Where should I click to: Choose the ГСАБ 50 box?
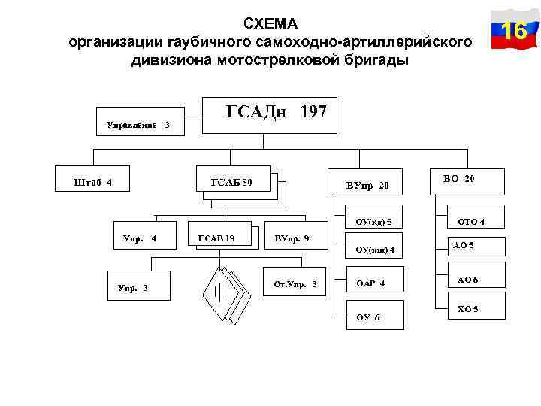pyautogui.click(x=232, y=182)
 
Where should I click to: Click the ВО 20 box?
pyautogui.click(x=459, y=180)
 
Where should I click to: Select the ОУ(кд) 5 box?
pyautogui.click(x=373, y=221)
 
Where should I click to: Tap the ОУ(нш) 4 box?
pyautogui.click(x=373, y=250)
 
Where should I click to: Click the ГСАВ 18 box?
pyautogui.click(x=216, y=238)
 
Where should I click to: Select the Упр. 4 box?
pyautogui.click(x=140, y=239)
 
